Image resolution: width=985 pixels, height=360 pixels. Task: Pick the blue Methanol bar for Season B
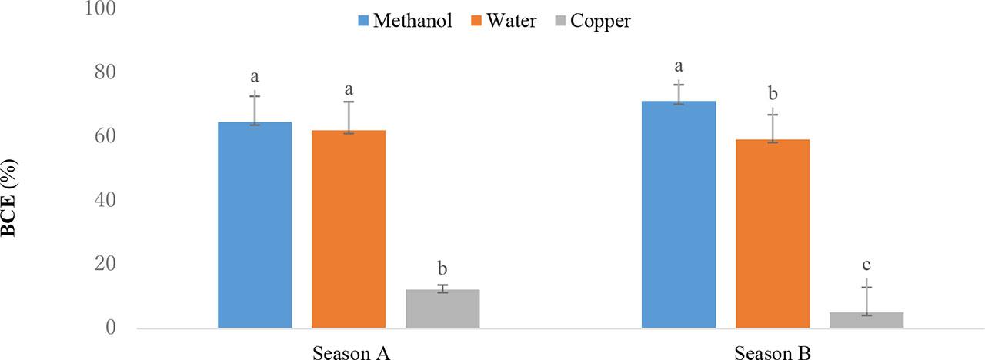679,215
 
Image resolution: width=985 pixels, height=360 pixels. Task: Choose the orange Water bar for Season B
773,234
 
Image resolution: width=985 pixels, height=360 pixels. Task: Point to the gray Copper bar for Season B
866,320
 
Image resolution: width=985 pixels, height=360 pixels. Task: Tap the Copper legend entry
591,21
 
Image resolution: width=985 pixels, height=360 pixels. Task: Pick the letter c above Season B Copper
866,265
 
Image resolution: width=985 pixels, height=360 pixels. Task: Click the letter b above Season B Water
773,94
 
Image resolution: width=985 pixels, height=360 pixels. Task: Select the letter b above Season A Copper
442,268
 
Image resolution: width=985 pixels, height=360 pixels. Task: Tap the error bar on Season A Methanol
255,108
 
